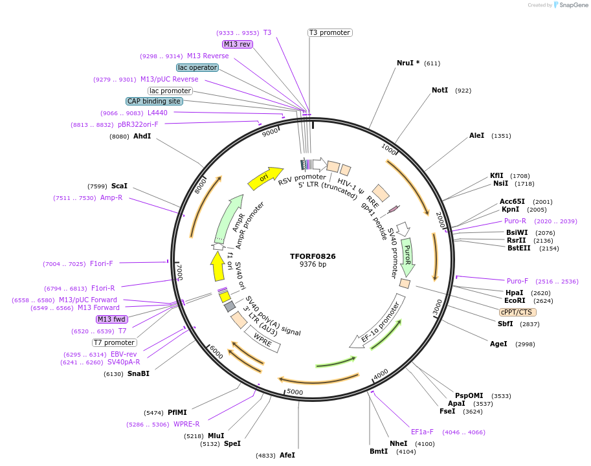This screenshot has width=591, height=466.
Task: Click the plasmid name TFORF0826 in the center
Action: pos(313,256)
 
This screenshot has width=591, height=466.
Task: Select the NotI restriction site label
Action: pos(440,90)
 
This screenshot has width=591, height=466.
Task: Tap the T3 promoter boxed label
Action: pos(329,32)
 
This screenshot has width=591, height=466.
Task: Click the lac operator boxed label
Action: pos(197,67)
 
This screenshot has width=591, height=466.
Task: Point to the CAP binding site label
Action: pos(154,101)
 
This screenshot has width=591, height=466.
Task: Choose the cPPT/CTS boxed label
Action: pos(516,312)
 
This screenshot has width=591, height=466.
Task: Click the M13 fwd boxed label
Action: pos(112,319)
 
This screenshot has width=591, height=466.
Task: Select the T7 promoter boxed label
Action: pos(115,342)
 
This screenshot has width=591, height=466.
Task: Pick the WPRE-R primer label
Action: pos(186,424)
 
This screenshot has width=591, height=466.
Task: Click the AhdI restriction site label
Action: pos(142,136)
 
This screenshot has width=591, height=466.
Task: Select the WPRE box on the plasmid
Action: pos(262,338)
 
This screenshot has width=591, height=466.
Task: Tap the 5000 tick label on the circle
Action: pos(295,392)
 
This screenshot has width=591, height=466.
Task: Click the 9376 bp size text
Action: pos(313,265)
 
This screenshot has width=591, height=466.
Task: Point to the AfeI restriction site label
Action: pos(287,455)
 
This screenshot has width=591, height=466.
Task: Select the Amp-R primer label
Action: pos(111,197)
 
